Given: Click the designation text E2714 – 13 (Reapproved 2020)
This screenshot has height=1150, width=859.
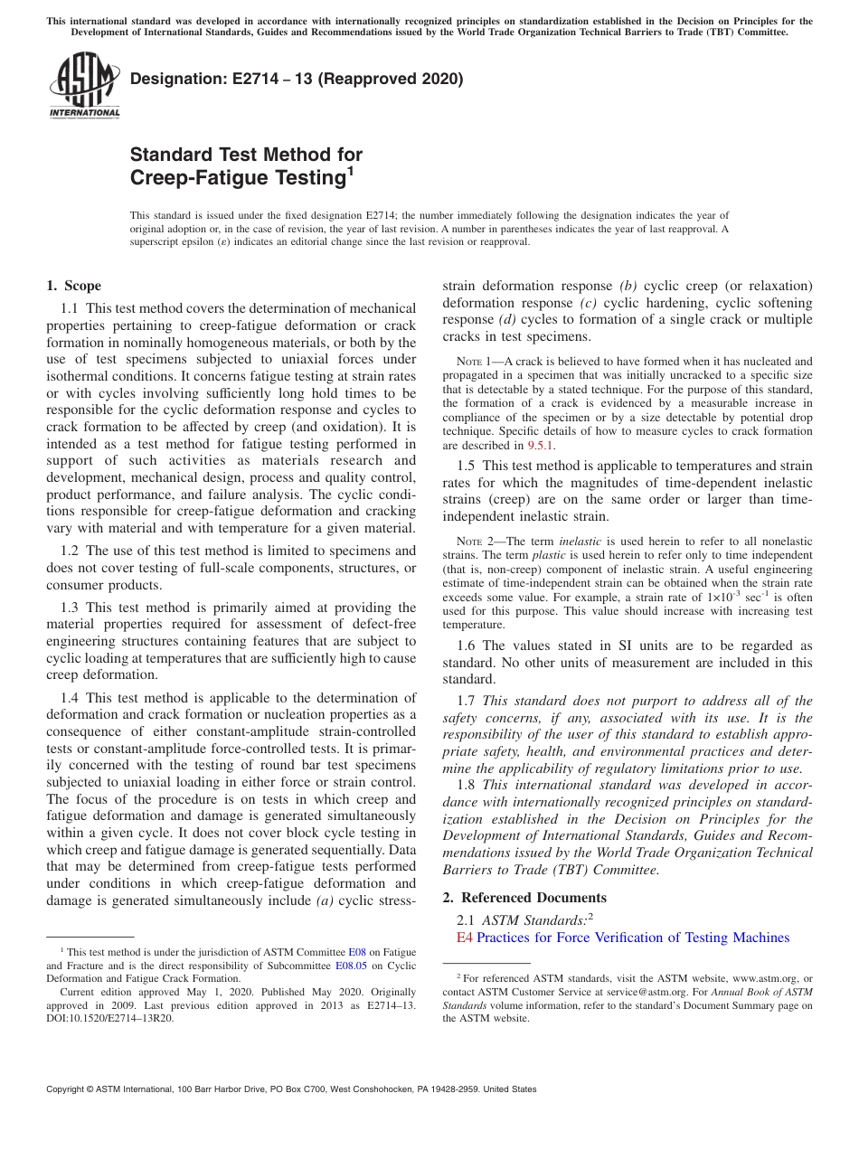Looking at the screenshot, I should tap(297, 79).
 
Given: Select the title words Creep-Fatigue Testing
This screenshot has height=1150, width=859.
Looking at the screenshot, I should tap(239, 178).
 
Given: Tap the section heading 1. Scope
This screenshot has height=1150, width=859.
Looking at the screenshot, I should tap(74, 287).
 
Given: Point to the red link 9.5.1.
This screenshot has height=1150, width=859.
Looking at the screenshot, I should tap(541, 445).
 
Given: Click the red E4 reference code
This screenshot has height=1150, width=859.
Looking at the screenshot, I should tap(465, 938).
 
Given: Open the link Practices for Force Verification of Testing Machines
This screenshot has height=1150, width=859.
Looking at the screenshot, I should tap(633, 938).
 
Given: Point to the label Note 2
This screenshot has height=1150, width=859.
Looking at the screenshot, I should tap(472, 542).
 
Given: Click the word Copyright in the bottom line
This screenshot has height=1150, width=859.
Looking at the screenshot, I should tap(69, 1089).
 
